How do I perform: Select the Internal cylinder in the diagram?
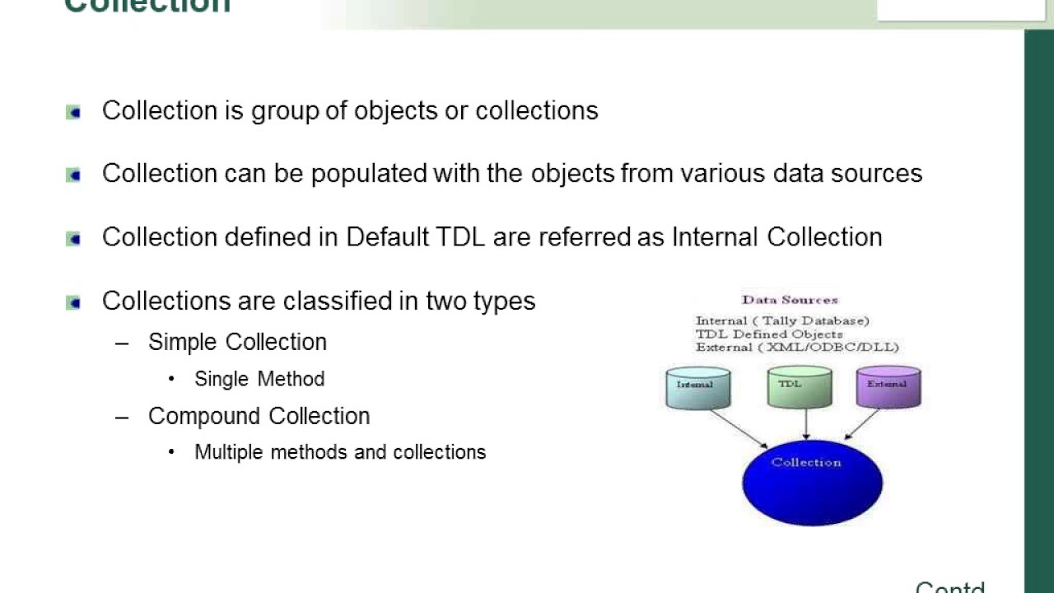[x=697, y=388]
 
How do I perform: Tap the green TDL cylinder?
[x=799, y=387]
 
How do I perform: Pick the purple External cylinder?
[x=888, y=387]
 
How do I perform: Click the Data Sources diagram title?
[x=790, y=300]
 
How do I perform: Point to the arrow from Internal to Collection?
[x=739, y=429]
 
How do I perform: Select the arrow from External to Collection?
[x=862, y=424]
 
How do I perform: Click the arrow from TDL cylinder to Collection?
[x=805, y=423]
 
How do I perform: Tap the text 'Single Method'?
[x=259, y=379]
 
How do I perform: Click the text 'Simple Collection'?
[x=237, y=342]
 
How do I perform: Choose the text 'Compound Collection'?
[x=259, y=416]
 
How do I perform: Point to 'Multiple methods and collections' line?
[x=340, y=452]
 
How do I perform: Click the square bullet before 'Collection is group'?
[x=73, y=112]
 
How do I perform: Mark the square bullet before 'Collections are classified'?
[x=73, y=302]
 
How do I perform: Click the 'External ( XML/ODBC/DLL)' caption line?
[x=797, y=347]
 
